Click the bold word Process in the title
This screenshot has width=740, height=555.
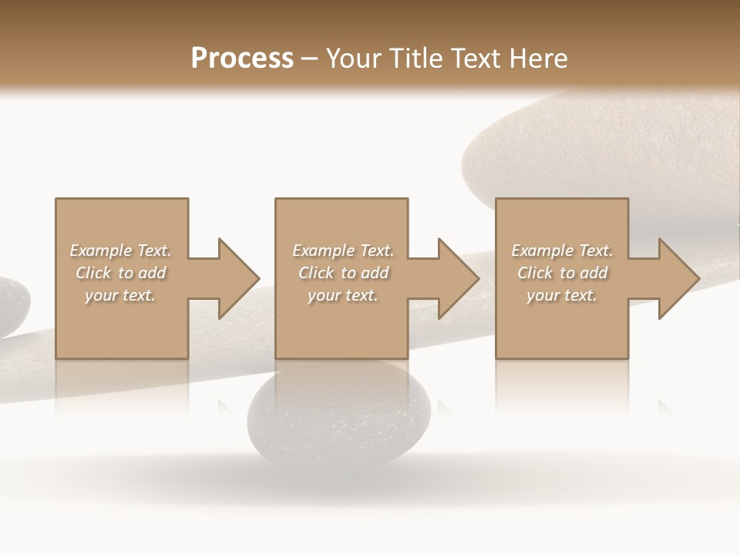[242, 59]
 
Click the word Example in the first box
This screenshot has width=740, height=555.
[100, 251]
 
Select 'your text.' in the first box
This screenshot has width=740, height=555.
[120, 295]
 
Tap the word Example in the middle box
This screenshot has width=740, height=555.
[323, 251]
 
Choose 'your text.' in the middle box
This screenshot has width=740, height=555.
[342, 295]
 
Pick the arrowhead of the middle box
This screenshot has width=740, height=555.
[456, 278]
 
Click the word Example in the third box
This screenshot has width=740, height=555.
[542, 251]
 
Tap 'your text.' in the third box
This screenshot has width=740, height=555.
[562, 295]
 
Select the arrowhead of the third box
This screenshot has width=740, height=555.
[677, 278]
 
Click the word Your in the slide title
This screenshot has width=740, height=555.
[354, 59]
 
